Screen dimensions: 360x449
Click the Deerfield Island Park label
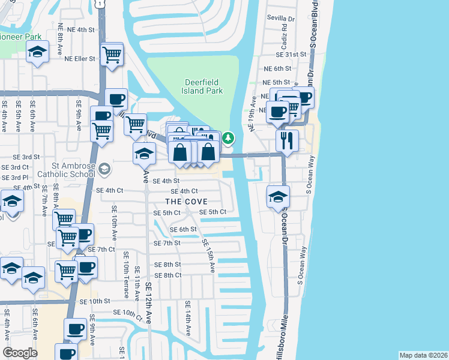tap(202, 86)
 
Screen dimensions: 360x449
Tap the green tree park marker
tap(228, 139)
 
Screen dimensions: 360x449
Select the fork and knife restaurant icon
tap(287, 140)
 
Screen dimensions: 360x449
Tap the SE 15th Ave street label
tap(208, 256)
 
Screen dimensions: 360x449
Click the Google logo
tap(20, 353)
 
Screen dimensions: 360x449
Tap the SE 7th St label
tap(167, 243)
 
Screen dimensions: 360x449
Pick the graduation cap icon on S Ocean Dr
tap(278, 196)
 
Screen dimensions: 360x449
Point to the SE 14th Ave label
tap(188, 318)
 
